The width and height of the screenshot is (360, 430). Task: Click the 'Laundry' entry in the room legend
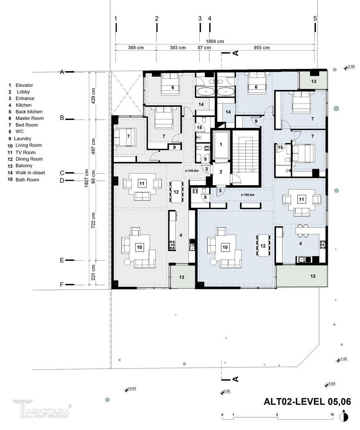22,139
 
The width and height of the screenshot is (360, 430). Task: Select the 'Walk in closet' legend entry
30,173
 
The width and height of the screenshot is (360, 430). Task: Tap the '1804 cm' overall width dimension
215,41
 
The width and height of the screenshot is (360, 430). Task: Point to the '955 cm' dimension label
262,47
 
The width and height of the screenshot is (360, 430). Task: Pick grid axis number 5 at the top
315,18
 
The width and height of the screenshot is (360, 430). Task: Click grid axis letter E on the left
62,260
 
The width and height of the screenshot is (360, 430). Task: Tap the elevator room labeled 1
221,145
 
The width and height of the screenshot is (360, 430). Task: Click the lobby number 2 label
221,172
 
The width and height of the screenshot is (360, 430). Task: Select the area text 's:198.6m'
248,195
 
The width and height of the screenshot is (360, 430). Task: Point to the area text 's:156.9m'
191,171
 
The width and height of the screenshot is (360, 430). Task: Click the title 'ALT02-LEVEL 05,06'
307,401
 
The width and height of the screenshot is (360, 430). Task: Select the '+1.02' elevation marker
342,359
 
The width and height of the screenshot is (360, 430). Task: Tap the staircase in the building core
245,157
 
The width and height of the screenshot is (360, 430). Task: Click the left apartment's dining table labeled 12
176,192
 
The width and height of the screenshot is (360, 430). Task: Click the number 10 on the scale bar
332,414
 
